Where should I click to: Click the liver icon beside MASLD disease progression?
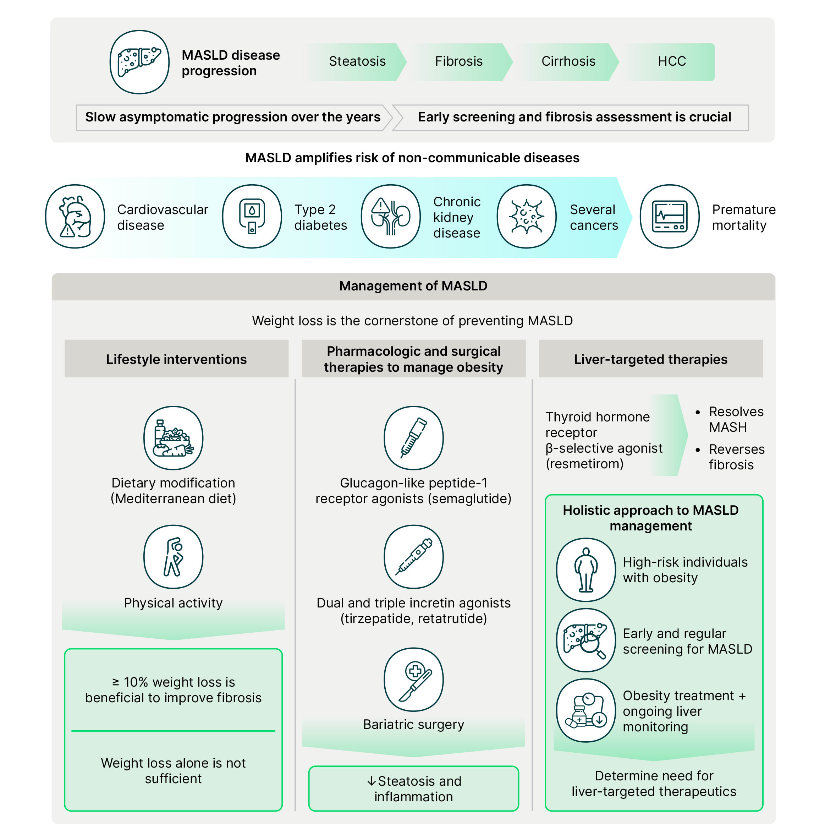[139, 62]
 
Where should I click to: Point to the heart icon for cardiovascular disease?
[75, 216]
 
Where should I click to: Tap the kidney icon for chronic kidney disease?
[391, 216]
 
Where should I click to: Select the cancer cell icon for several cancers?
[527, 216]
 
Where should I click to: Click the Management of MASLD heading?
[413, 286]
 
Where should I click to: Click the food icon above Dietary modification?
[173, 438]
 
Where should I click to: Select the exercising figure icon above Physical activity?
[173, 557]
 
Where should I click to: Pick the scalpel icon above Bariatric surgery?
[413, 679]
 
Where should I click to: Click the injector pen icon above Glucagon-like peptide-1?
[413, 438]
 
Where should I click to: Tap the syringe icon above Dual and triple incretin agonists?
[413, 557]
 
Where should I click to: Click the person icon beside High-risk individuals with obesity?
[586, 570]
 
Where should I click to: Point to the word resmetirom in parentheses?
[584, 464]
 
